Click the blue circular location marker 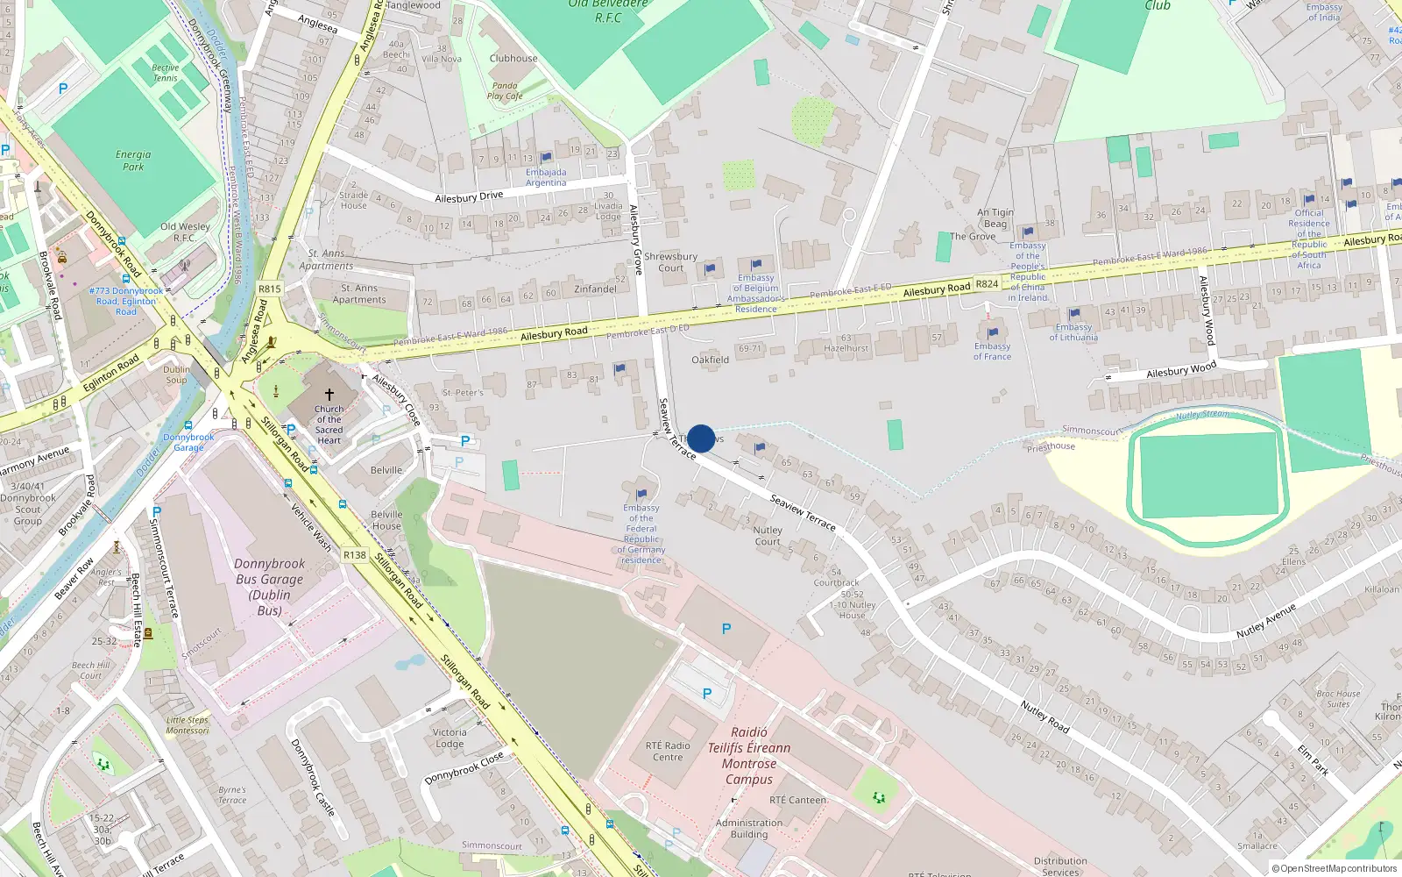701,438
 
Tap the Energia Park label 133,160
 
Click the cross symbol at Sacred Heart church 329,395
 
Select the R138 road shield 354,555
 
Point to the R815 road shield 270,289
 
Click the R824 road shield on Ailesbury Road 987,283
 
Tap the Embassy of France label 992,351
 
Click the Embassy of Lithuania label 1073,332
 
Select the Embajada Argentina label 546,177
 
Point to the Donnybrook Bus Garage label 270,587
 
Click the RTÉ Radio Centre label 668,752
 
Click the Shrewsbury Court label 670,262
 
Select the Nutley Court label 768,536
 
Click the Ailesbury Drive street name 469,197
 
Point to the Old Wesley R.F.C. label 185,232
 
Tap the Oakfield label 710,360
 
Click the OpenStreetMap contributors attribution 1335,868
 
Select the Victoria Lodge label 450,738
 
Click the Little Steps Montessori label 188,724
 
